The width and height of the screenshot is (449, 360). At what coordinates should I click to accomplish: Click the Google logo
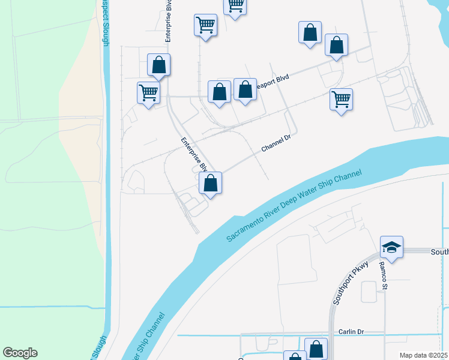pyautogui.click(x=20, y=353)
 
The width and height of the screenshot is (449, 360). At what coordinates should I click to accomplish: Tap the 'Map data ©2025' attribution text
pyautogui.click(x=424, y=355)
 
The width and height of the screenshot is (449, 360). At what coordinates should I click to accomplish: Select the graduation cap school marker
pyautogui.click(x=391, y=247)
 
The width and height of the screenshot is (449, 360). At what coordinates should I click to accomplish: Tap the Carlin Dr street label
pyautogui.click(x=352, y=332)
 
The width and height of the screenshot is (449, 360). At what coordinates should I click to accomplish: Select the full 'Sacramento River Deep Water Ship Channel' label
pyautogui.click(x=294, y=206)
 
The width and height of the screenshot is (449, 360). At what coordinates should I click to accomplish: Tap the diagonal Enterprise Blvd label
pyautogui.click(x=194, y=154)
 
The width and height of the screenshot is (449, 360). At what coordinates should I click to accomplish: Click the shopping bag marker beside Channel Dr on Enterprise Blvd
pyautogui.click(x=210, y=183)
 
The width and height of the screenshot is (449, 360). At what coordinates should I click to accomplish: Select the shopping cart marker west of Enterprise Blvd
pyautogui.click(x=148, y=93)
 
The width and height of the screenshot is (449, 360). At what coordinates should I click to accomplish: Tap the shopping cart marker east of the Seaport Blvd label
pyautogui.click(x=341, y=100)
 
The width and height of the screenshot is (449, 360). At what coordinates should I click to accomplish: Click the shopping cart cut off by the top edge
pyautogui.click(x=235, y=6)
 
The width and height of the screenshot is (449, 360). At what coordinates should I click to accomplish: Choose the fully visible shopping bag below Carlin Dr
pyautogui.click(x=316, y=349)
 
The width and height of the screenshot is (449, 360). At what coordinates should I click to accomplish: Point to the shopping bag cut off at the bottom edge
pyautogui.click(x=294, y=356)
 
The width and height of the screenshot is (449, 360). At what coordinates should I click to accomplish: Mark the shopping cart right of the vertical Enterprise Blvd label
pyautogui.click(x=205, y=26)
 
